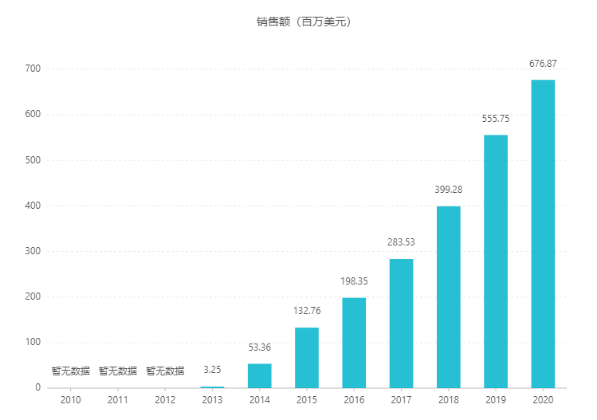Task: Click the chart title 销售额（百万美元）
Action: pos(299,22)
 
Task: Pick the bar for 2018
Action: pos(449,296)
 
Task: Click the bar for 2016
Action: pos(354,343)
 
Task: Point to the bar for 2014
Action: pos(260,375)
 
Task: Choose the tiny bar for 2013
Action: pos(212,387)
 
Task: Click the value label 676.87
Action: pos(543,64)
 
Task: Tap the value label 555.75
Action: pos(496,119)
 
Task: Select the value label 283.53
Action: pos(401,242)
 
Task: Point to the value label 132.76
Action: pos(307,311)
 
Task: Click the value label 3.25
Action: pos(212,371)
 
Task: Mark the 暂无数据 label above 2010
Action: pos(71,371)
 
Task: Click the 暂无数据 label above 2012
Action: pos(165,371)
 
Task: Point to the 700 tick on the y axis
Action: pos(33,69)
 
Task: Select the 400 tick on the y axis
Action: pos(33,206)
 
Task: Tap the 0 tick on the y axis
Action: pos(37,388)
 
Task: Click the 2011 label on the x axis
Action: pos(118,400)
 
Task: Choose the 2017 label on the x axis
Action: pos(401,400)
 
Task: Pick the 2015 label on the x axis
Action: pos(307,400)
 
